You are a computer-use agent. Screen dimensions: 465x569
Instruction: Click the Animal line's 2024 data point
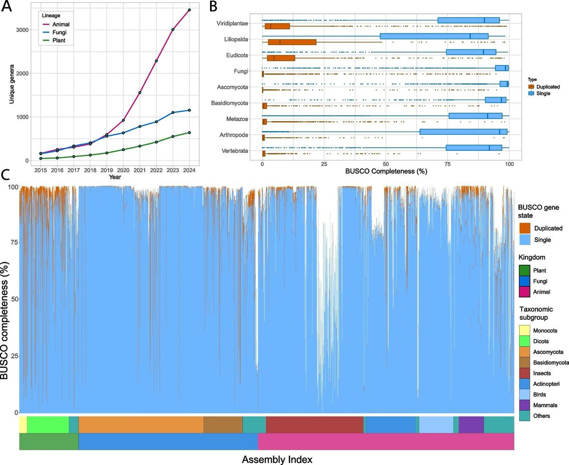click(x=189, y=10)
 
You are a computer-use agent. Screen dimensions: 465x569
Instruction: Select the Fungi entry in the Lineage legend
click(x=59, y=33)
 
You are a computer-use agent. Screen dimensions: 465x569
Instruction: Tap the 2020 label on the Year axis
click(x=123, y=169)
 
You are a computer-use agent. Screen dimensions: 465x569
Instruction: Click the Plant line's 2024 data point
click(x=189, y=132)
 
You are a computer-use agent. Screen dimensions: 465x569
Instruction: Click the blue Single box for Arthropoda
click(x=463, y=131)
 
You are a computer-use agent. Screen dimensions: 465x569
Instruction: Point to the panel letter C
click(x=6, y=176)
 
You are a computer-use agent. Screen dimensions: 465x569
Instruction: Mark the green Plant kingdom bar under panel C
click(x=48, y=442)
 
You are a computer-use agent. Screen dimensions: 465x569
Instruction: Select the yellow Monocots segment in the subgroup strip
click(x=23, y=425)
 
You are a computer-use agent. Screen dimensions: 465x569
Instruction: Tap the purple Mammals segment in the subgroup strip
click(x=471, y=425)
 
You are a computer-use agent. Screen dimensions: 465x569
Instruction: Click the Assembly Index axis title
click(x=277, y=459)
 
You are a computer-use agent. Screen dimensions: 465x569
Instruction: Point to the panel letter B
click(x=214, y=7)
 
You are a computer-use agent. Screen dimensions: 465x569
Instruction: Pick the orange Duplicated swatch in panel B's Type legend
click(x=532, y=87)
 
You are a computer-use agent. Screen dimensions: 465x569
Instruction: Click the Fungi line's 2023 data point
click(x=173, y=112)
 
